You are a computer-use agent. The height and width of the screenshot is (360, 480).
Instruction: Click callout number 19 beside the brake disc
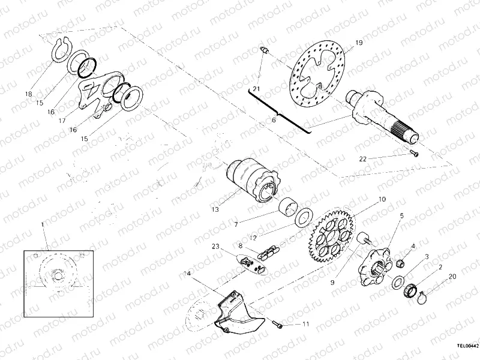point(359,43)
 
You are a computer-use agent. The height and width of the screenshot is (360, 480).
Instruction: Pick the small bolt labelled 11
point(279,325)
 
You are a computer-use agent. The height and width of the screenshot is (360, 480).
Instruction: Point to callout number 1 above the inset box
point(43,224)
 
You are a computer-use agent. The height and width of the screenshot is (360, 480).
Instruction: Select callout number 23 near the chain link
point(214,247)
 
